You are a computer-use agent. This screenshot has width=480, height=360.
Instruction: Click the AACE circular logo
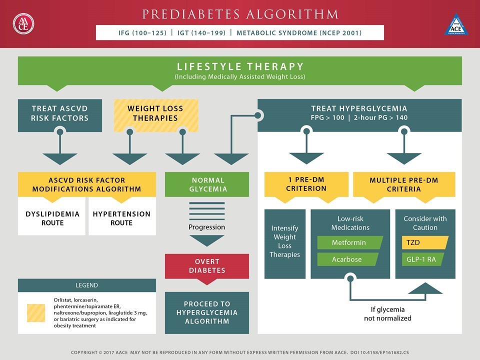coord(23,23)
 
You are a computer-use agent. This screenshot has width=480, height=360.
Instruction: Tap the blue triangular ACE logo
coord(456,24)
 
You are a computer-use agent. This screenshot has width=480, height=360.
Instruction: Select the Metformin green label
coord(350,242)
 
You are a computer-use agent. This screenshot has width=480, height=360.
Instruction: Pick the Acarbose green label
coord(348,259)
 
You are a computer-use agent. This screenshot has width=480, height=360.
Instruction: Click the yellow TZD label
coord(425,242)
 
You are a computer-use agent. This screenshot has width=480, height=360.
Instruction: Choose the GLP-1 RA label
coord(423,259)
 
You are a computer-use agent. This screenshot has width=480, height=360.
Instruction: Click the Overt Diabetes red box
coord(207,266)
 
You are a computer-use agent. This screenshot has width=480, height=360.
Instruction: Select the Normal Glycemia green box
coord(207,184)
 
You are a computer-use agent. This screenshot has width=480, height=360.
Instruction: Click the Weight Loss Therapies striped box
coord(156,115)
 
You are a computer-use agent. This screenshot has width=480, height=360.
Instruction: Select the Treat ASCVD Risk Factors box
coord(60,115)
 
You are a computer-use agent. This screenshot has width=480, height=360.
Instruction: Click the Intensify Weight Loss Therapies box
coord(285,244)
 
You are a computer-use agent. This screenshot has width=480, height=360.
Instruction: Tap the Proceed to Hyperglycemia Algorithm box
coord(207,312)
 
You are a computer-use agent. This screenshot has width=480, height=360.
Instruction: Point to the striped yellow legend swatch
coord(36,313)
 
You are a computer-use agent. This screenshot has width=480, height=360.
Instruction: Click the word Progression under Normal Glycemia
coord(206,227)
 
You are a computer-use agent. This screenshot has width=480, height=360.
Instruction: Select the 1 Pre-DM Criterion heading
coord(306,184)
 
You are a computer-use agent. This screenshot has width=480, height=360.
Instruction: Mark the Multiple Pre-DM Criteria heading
coord(404,184)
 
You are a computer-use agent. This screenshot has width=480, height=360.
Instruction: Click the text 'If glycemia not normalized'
coord(387,314)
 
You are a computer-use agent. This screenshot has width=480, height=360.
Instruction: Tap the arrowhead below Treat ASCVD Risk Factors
coord(60,158)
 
